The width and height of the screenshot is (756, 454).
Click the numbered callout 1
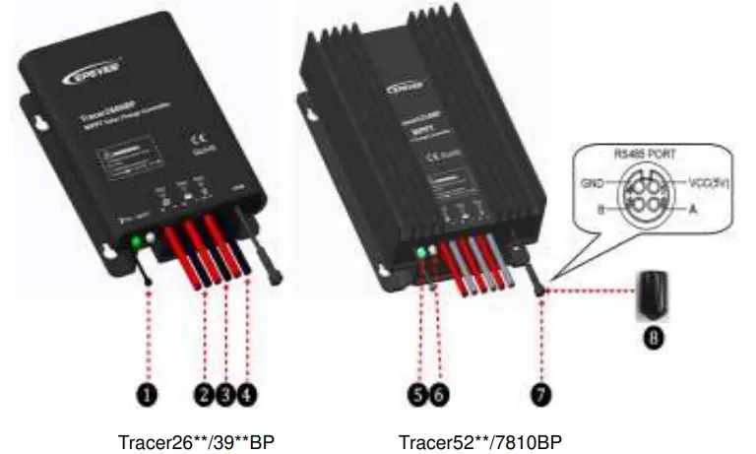pos(147,396)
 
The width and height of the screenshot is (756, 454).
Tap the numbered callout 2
pos(204,396)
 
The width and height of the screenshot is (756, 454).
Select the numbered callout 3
pos(226,396)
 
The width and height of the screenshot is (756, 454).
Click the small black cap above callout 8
pos(651,292)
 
